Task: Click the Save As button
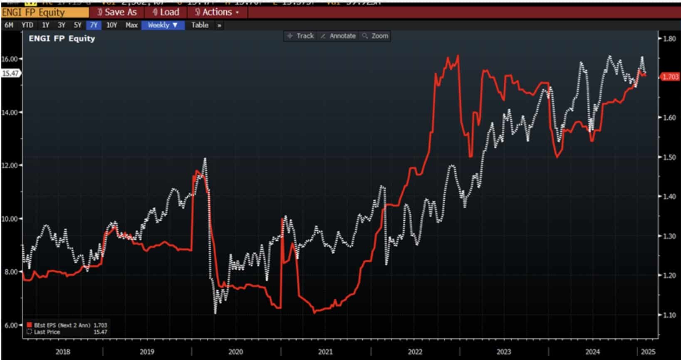pyautogui.click(x=117, y=12)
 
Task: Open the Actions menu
pyautogui.click(x=217, y=12)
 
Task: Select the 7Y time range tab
pyautogui.click(x=94, y=25)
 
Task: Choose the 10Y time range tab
pyautogui.click(x=111, y=25)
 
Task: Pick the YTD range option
pyautogui.click(x=27, y=25)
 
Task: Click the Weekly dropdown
pyautogui.click(x=163, y=25)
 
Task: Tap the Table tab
pyautogui.click(x=200, y=25)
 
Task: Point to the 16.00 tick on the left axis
pyautogui.click(x=10, y=59)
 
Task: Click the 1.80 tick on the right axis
pyautogui.click(x=669, y=39)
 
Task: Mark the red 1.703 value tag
pyautogui.click(x=669, y=77)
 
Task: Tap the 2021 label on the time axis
pyautogui.click(x=325, y=352)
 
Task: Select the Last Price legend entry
pyautogui.click(x=46, y=332)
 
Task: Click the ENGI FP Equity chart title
pyautogui.click(x=62, y=39)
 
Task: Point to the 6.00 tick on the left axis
pyautogui.click(x=10, y=325)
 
